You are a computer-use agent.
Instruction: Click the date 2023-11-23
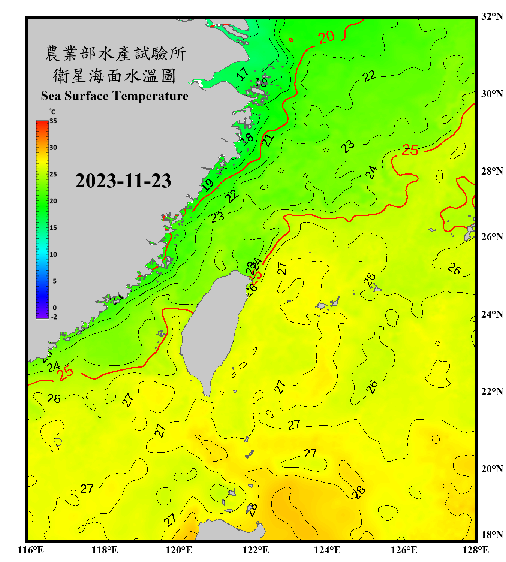(123, 181)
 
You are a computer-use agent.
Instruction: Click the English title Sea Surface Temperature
(114, 96)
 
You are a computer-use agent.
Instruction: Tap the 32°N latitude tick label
(492, 16)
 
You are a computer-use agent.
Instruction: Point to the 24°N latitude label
(492, 314)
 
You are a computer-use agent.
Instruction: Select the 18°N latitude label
(492, 535)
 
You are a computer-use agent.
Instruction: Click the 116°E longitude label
(31, 550)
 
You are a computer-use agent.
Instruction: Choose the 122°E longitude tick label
(256, 550)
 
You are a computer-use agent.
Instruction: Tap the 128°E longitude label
(475, 550)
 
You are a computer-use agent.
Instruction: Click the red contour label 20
(326, 37)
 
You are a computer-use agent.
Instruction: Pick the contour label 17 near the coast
(243, 73)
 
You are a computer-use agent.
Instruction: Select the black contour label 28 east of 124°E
(359, 492)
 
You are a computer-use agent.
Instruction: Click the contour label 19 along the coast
(207, 185)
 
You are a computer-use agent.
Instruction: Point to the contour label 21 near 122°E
(268, 140)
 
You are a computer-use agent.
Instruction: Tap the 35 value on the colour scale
(53, 121)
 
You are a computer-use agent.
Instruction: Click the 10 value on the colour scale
(53, 254)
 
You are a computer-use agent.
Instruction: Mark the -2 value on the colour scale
(54, 317)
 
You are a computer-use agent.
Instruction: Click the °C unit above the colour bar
(52, 112)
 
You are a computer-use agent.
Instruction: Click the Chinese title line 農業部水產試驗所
(115, 54)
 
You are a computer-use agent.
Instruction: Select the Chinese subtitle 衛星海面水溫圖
(114, 76)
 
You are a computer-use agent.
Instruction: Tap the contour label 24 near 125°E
(371, 173)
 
